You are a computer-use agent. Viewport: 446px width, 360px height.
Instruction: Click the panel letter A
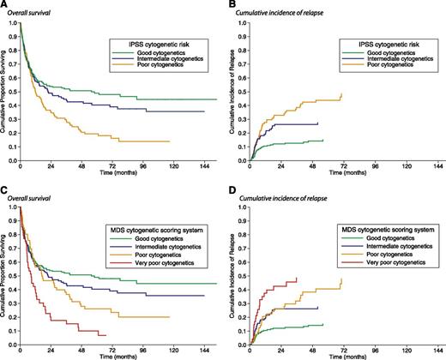4,5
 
